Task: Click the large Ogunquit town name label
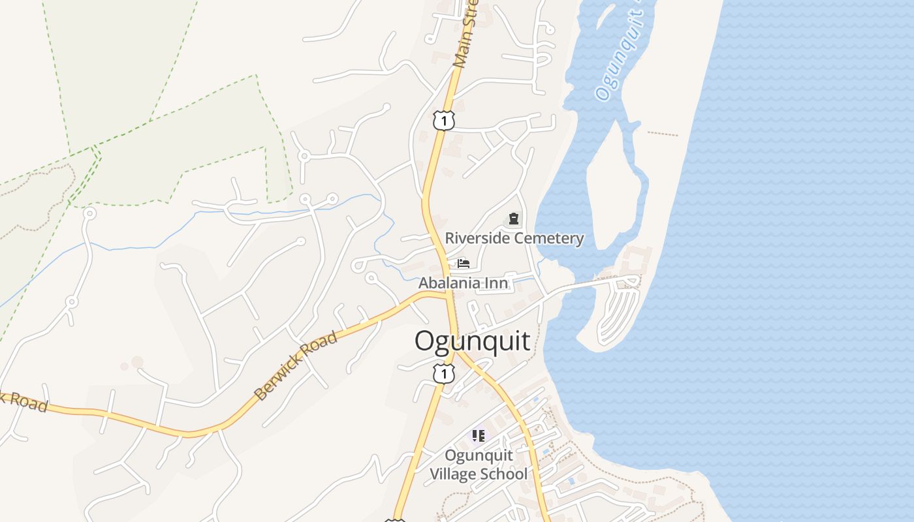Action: click(472, 341)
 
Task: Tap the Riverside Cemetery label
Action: click(514, 238)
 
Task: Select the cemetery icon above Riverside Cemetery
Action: click(514, 219)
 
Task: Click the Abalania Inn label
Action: click(463, 283)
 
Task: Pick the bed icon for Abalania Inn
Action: click(464, 264)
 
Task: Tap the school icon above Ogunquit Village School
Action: click(479, 435)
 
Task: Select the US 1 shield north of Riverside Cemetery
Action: click(443, 120)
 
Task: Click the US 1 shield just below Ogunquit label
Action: click(444, 374)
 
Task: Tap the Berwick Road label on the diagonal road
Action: click(296, 365)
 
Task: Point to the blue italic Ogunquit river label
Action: click(619, 55)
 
